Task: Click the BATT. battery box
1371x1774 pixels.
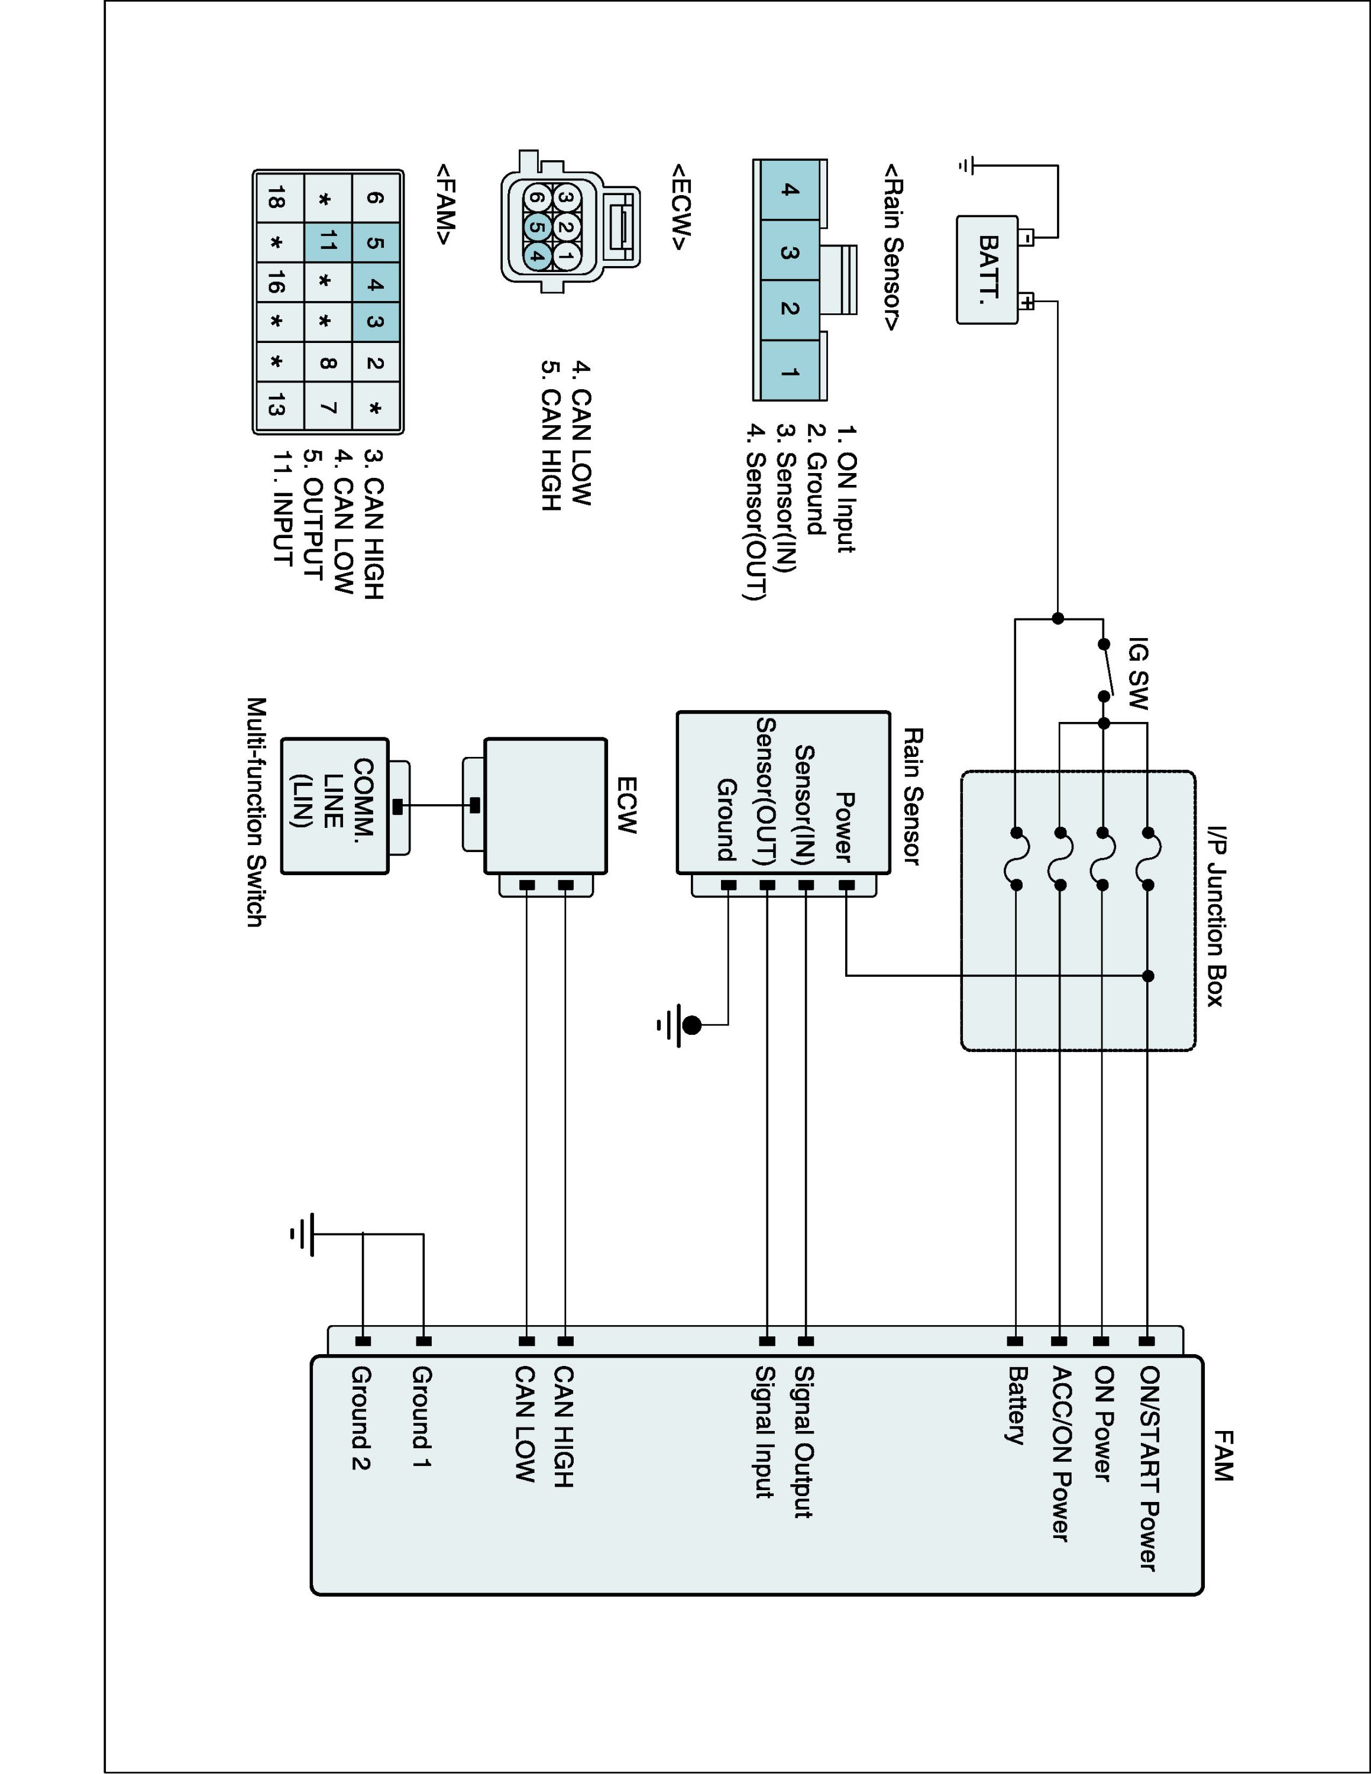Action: [x=987, y=270]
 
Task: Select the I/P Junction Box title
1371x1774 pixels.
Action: [x=1215, y=916]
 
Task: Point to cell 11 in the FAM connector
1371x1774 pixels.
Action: [x=328, y=241]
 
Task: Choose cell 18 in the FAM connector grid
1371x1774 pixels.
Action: [x=277, y=198]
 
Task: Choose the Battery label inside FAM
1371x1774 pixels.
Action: [x=1017, y=1405]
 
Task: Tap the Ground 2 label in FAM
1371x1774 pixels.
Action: [x=361, y=1417]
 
